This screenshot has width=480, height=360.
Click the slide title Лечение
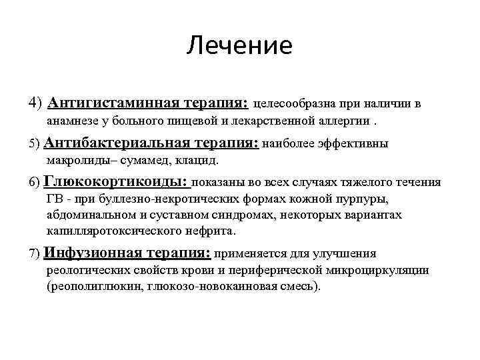[239, 46]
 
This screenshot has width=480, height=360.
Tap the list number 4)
[36, 103]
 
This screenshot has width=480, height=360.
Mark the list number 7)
[35, 253]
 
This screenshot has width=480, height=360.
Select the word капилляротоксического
[109, 231]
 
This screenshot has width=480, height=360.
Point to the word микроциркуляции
[391, 270]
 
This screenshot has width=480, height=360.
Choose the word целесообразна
[295, 104]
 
